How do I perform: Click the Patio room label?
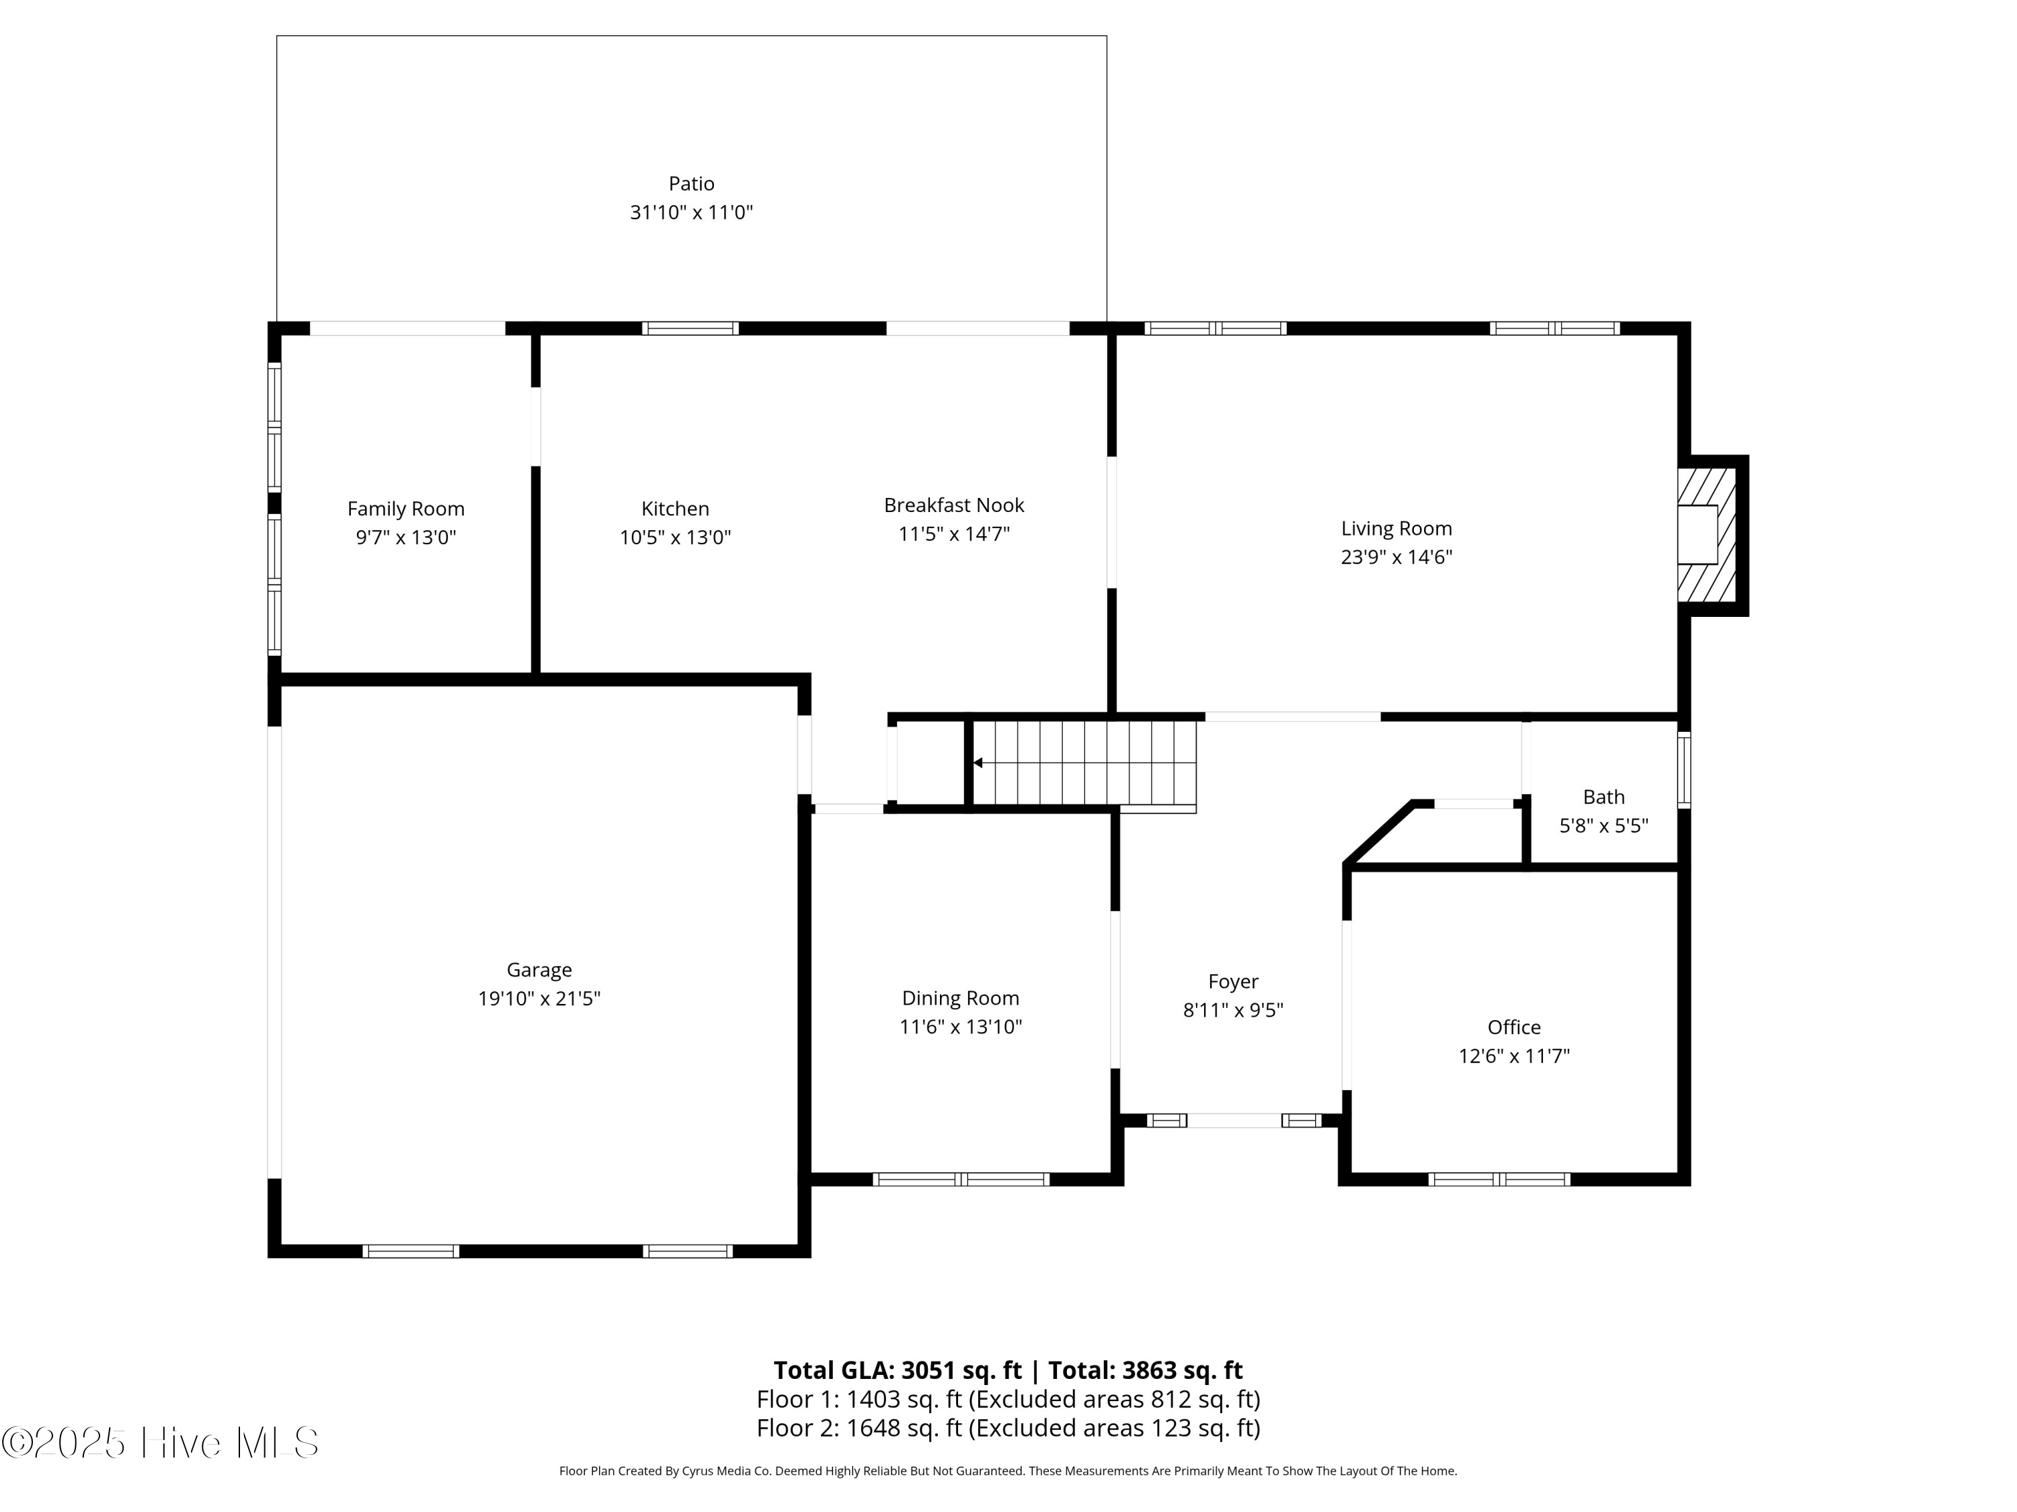[691, 184]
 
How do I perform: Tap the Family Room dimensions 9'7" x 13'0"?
[406, 538]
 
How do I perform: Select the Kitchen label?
[675, 509]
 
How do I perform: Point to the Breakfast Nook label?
[954, 505]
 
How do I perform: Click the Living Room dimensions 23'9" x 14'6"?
[1396, 557]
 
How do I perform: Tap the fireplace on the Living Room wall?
[1710, 535]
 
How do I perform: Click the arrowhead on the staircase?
[978, 763]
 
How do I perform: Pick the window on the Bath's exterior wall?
[1684, 770]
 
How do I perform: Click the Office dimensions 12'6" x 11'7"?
[1513, 1056]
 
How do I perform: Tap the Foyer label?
[1233, 982]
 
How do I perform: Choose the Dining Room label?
[960, 998]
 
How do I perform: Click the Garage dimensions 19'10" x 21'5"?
[539, 999]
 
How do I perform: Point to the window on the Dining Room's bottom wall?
[961, 1179]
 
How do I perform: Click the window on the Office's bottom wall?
[1499, 1179]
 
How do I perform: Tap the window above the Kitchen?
[690, 328]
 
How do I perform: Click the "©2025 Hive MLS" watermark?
[161, 1443]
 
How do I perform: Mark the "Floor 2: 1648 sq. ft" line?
[859, 1427]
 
